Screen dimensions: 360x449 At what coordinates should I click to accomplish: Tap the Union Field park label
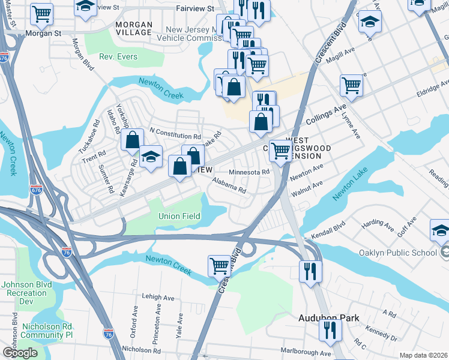click(177, 216)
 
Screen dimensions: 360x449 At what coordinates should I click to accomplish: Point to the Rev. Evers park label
click(118, 57)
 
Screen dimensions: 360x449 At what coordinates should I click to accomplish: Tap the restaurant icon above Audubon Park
click(311, 271)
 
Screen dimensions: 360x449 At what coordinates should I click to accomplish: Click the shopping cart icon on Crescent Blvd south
click(220, 265)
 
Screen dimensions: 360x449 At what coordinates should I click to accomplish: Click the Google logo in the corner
click(20, 353)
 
